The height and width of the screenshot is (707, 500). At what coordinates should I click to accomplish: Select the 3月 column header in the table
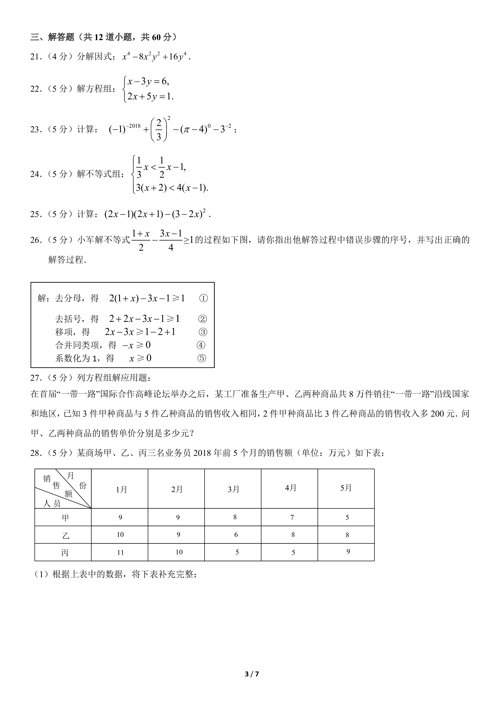pyautogui.click(x=233, y=489)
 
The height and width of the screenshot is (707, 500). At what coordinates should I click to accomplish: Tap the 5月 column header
pyautogui.click(x=346, y=488)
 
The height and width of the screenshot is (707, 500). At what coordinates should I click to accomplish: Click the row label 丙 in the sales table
pyautogui.click(x=65, y=553)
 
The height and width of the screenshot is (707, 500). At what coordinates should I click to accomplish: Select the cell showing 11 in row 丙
pyautogui.click(x=120, y=553)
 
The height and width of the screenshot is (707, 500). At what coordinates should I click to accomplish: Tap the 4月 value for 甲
pyautogui.click(x=292, y=518)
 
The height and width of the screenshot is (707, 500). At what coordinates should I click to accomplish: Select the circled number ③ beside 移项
pyautogui.click(x=203, y=332)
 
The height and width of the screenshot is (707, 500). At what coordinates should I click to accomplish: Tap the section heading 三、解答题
pyautogui.click(x=52, y=37)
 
